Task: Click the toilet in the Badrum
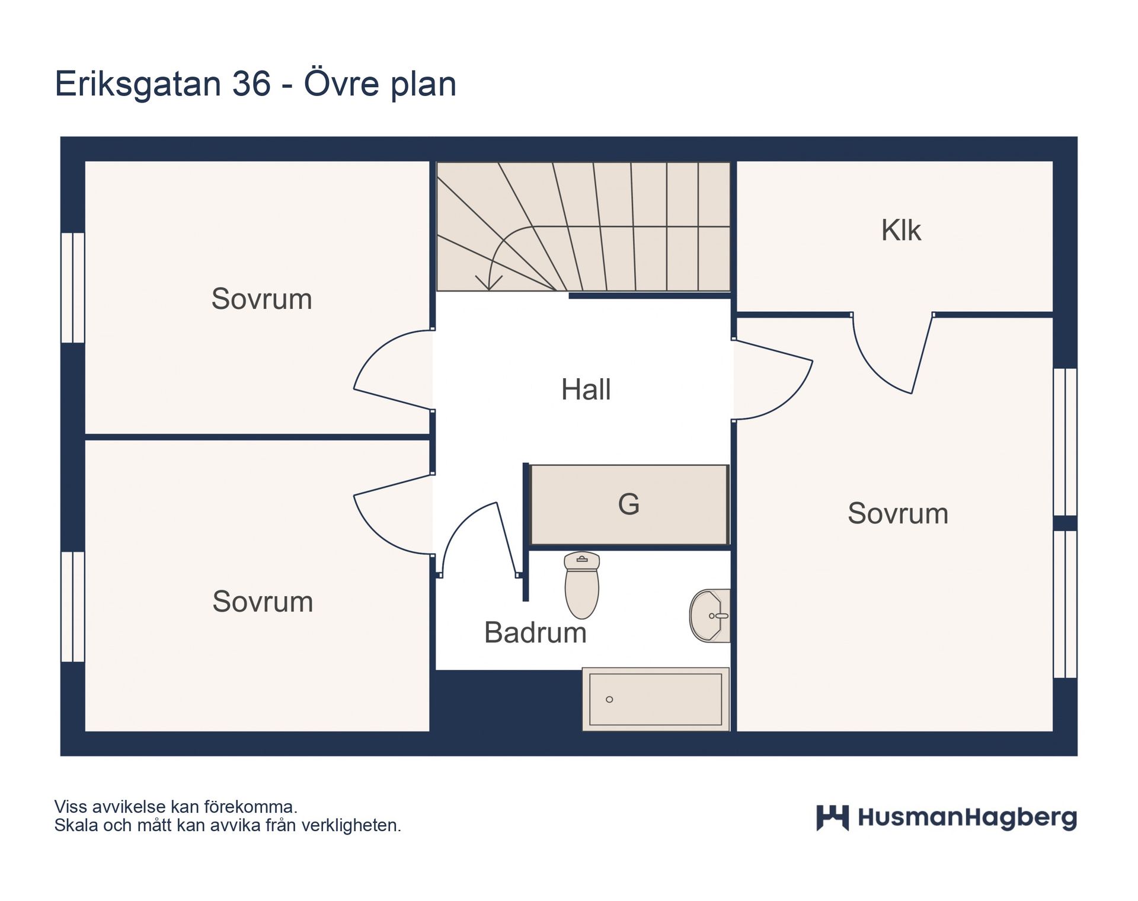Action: pyautogui.click(x=581, y=585)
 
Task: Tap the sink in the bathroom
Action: pyautogui.click(x=710, y=615)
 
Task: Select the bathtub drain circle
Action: pyautogui.click(x=609, y=699)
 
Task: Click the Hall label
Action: pyautogui.click(x=586, y=390)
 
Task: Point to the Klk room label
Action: pyautogui.click(x=901, y=230)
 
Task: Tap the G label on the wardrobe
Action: pyautogui.click(x=629, y=504)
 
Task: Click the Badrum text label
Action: pyautogui.click(x=535, y=632)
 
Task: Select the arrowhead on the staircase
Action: pyautogui.click(x=489, y=283)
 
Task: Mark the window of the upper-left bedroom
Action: pyautogui.click(x=73, y=287)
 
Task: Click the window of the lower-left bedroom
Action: pyautogui.click(x=73, y=606)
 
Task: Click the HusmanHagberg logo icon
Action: pyautogui.click(x=832, y=818)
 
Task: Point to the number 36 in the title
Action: pyautogui.click(x=251, y=84)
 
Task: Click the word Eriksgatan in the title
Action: pyautogui.click(x=138, y=85)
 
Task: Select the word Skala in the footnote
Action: pyautogui.click(x=76, y=825)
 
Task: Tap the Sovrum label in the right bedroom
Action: pyautogui.click(x=898, y=513)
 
